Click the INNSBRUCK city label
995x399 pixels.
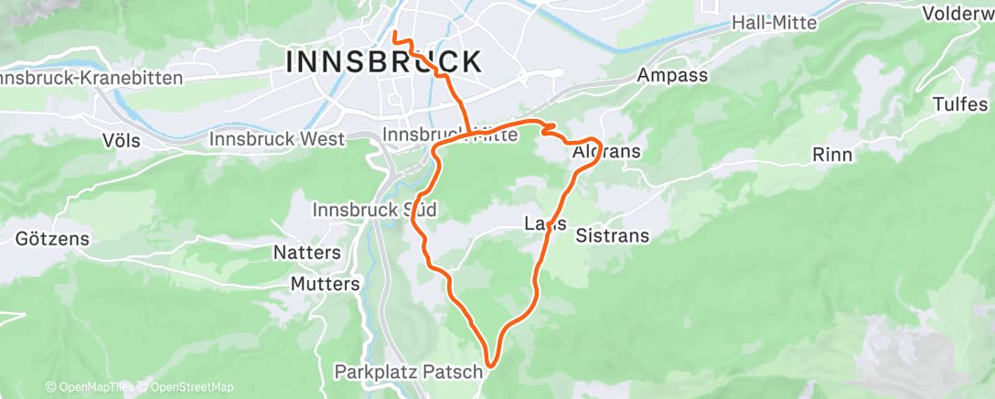click(384, 62)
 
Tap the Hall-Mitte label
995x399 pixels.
click(776, 24)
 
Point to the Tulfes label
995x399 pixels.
click(960, 103)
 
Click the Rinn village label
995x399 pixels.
click(831, 155)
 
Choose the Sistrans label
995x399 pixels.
click(613, 235)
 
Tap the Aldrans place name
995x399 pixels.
click(605, 151)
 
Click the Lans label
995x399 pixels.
click(545, 223)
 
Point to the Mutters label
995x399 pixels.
click(325, 284)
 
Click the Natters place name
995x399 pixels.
click(307, 252)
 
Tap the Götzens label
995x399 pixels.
click(52, 239)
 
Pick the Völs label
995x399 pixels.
click(123, 141)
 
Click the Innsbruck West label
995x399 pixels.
click(277, 139)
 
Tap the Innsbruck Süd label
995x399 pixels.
click(374, 210)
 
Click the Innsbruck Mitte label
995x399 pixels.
click(450, 135)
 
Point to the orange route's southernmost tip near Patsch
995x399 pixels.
click(491, 365)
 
